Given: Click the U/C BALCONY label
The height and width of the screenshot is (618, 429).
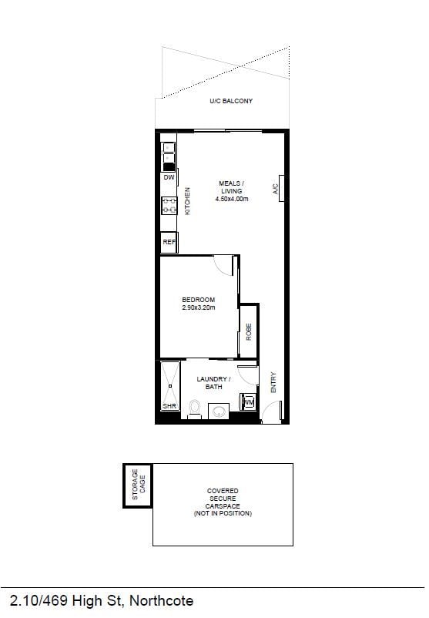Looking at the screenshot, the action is coord(231,101).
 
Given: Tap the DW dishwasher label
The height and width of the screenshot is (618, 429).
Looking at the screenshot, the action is coord(169,177).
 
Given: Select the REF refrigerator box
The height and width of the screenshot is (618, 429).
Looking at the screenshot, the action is coord(169,242).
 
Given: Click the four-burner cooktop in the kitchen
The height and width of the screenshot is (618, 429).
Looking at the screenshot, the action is coord(169,206).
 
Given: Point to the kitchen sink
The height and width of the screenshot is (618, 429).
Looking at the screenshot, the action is coord(169,156).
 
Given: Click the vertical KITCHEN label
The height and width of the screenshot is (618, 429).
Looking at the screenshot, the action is coord(187,201).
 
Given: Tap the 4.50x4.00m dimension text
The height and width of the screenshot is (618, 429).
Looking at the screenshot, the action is coord(232,199).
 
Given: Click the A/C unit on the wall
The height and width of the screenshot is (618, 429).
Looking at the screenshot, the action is coord(281,188).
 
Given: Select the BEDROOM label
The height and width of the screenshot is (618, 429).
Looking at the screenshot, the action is coord(199,300).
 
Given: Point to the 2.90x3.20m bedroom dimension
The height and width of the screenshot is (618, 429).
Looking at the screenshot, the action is coord(199,307).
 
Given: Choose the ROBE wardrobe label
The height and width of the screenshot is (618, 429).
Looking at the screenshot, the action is coord(249,332).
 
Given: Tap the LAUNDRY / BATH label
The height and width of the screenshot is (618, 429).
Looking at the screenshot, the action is coord(213,383).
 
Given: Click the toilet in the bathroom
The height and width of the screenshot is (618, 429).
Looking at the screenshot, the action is coord(195,409).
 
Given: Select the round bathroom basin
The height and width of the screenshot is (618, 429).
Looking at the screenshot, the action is coord(219,411).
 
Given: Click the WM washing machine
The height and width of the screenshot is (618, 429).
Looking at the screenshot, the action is coord(249,402).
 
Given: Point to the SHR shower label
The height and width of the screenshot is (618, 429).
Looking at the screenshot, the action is coord(169,406).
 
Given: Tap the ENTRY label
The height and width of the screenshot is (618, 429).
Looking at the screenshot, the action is coord(273,382).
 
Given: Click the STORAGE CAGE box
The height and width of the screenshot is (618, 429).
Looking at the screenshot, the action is coord(138,485).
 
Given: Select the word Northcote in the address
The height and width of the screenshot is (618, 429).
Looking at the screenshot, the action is coord(162,600).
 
